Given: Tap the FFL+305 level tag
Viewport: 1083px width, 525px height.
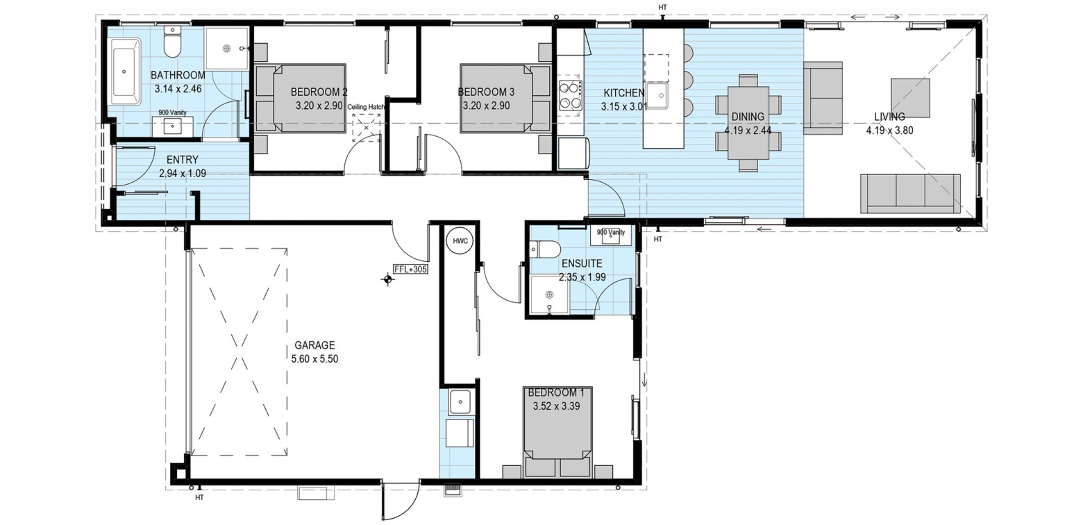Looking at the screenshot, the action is click(x=411, y=269).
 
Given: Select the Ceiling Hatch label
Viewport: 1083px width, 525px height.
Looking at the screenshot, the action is click(x=366, y=107).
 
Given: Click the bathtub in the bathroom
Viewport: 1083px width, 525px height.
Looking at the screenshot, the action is click(x=126, y=72).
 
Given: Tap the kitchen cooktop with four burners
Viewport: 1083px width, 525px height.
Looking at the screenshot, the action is click(x=569, y=96).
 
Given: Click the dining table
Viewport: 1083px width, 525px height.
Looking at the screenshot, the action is click(x=748, y=123).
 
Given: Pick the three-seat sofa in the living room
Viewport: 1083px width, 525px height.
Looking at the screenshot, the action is click(x=910, y=193).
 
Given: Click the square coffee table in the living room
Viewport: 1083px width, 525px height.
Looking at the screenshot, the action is click(x=910, y=98).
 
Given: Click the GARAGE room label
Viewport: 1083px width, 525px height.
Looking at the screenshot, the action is click(x=314, y=345).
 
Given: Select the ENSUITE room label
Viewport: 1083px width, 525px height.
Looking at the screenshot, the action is click(x=582, y=263).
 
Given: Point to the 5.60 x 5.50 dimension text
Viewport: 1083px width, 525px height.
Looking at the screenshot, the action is click(x=314, y=359).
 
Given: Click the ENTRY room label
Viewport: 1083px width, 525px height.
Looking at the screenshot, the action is click(x=183, y=160).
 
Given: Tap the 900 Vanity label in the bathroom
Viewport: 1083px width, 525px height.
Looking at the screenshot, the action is click(x=173, y=112).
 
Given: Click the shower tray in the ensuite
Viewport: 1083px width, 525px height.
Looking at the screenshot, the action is click(x=549, y=295).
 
